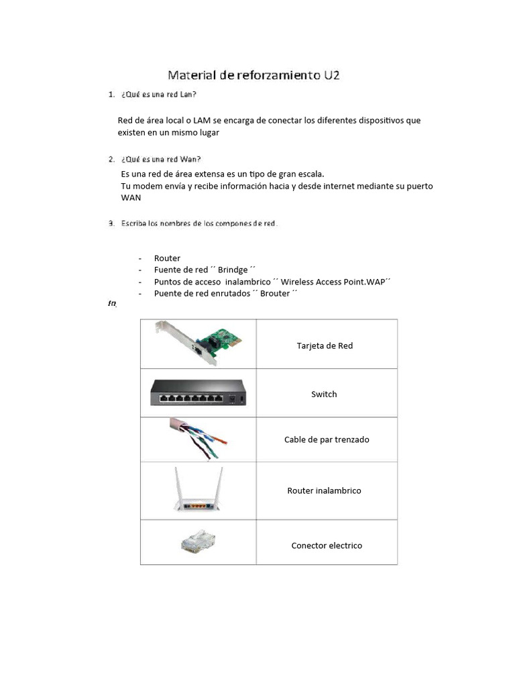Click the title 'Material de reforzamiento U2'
click(253, 75)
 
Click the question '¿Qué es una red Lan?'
click(159, 95)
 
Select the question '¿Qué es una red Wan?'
click(160, 159)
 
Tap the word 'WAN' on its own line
click(131, 198)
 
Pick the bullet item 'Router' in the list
click(167, 258)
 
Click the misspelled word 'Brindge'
click(233, 270)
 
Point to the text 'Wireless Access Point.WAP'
click(333, 282)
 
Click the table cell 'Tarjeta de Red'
click(325, 346)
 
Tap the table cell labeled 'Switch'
click(324, 394)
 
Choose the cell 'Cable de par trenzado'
click(327, 439)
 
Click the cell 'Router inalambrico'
click(324, 490)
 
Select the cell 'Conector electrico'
click(327, 545)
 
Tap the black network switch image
click(198, 392)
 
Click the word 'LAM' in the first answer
click(203, 120)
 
